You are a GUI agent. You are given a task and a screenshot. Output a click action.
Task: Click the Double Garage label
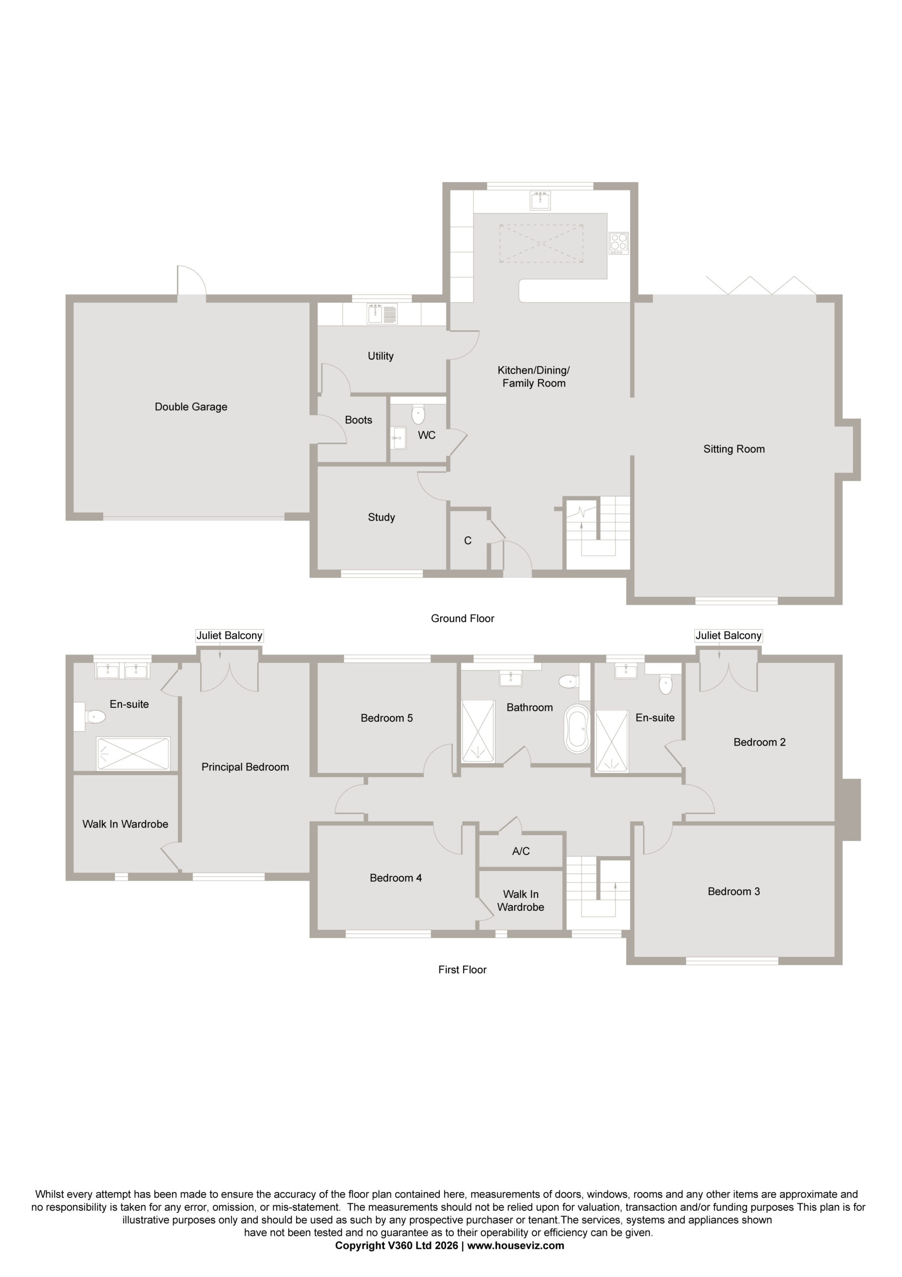pos(191,407)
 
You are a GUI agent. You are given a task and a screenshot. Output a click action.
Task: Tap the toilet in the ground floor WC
pos(418,414)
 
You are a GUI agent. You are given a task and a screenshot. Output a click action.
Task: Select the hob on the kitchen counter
pos(618,243)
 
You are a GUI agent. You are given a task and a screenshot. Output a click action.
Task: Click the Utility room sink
pos(382,314)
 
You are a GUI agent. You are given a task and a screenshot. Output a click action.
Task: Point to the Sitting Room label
pos(734,449)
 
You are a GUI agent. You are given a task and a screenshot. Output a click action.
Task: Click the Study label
pos(381,518)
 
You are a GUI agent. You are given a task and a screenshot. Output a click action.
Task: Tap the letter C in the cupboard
pos(468,541)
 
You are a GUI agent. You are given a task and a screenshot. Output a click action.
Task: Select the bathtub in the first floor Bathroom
pos(577,729)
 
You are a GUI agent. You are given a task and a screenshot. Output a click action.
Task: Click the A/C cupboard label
pos(521,851)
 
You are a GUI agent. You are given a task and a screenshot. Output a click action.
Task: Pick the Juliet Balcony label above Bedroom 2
pos(728,636)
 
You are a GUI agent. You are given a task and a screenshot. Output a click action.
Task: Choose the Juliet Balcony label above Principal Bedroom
pos(229,636)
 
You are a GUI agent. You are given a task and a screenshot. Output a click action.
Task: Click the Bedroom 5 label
pos(386,718)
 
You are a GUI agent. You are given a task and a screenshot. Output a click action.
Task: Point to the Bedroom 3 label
pos(733,891)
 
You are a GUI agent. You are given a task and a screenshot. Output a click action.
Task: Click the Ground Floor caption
pos(463,619)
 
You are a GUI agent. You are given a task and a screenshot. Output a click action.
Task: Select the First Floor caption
pos(462,969)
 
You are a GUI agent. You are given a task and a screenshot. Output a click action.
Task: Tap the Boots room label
pos(358,421)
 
